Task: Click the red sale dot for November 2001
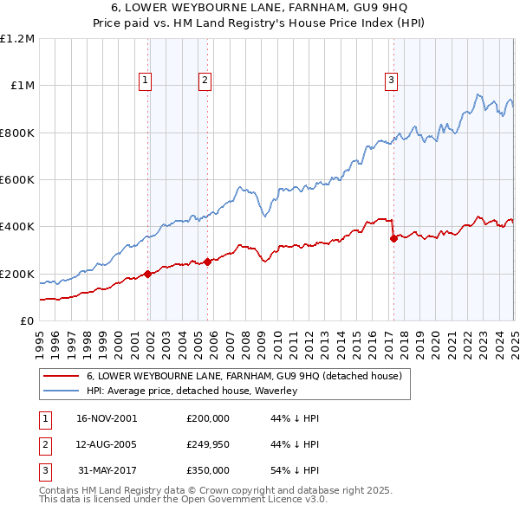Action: (x=148, y=274)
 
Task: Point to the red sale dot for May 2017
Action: (x=393, y=238)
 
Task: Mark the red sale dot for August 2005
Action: (x=208, y=262)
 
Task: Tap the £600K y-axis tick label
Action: (x=16, y=180)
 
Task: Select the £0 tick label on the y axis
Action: (x=25, y=321)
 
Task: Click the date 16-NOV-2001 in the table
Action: (x=107, y=417)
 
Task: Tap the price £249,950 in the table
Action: (x=208, y=444)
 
